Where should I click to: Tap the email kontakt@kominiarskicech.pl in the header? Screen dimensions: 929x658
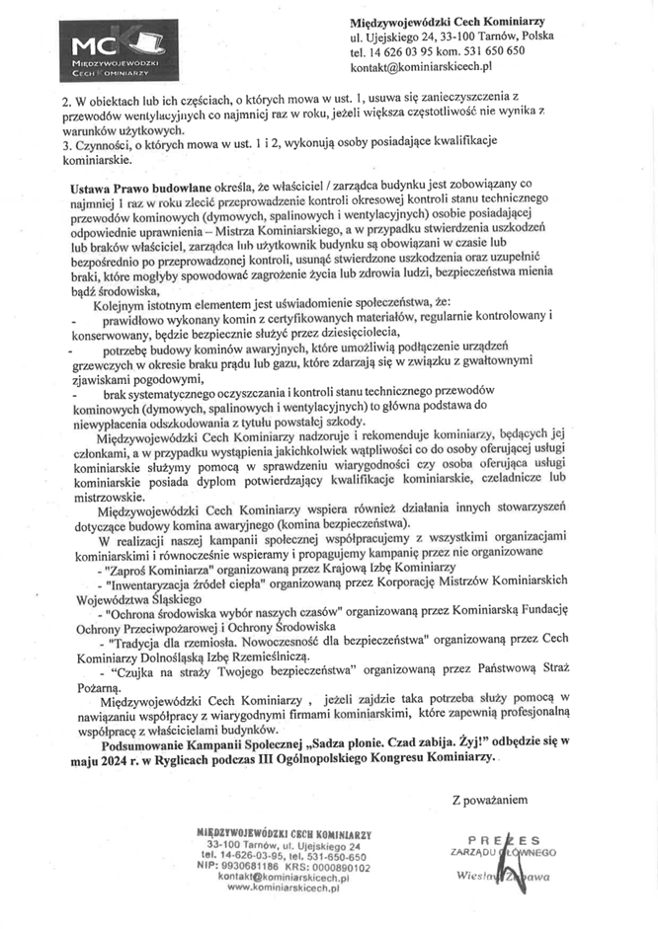421,67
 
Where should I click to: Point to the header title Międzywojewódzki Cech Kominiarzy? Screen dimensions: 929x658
448,21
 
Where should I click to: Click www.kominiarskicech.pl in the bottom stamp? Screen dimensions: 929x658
283,888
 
